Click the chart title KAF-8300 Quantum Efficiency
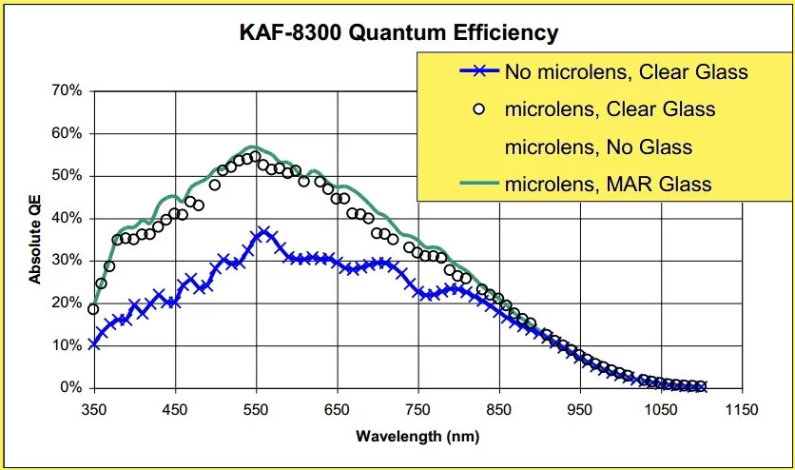(397, 33)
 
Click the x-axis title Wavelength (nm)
(417, 437)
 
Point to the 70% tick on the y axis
(66, 91)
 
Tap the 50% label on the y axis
(66, 176)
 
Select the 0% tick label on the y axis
(69, 388)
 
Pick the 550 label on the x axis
(255, 409)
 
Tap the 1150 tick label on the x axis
(740, 409)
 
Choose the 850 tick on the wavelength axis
(497, 409)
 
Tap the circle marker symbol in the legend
(478, 109)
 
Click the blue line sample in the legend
(478, 71)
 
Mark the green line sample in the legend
(478, 184)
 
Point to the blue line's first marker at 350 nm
(93, 344)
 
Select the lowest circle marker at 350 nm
(93, 309)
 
